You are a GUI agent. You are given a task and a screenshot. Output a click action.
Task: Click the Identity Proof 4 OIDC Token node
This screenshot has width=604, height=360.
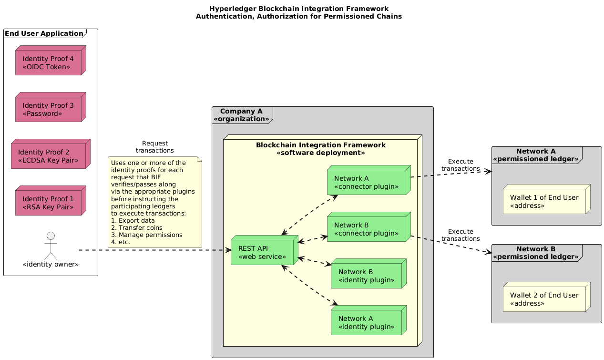[48, 62]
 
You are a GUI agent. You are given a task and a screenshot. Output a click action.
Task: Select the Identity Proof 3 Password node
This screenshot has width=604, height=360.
[48, 109]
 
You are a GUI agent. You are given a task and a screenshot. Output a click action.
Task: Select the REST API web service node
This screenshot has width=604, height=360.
[262, 253]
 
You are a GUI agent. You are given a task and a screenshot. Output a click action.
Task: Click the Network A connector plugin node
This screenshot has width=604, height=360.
[366, 182]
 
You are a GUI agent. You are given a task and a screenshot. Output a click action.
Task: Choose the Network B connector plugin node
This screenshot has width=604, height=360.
[366, 229]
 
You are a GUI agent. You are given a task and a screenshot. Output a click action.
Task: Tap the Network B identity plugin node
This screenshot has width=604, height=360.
[366, 276]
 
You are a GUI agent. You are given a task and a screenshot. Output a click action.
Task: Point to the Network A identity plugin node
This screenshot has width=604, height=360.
[366, 322]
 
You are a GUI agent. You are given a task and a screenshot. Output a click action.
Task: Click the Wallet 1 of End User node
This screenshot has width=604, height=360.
[544, 201]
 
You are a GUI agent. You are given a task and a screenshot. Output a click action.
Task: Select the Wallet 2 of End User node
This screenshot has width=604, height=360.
[544, 299]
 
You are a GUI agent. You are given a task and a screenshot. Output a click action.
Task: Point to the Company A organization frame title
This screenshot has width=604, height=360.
[242, 115]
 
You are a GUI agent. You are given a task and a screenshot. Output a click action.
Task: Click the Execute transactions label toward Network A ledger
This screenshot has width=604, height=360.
[461, 165]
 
